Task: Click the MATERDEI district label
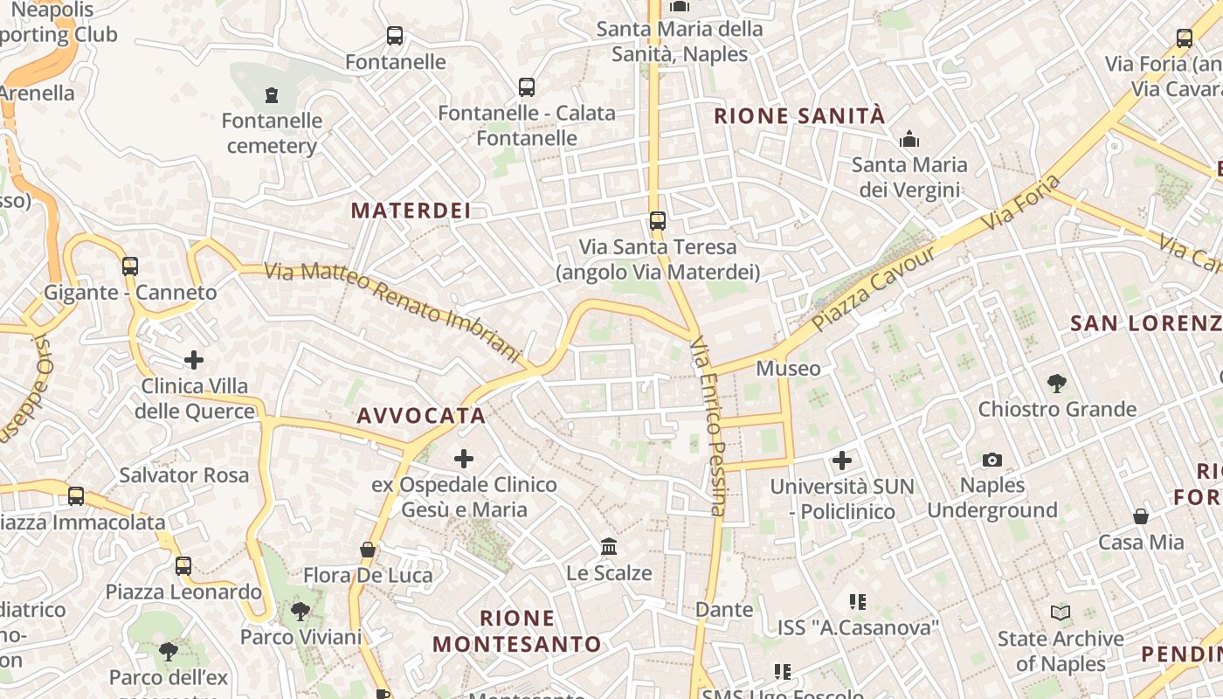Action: coord(411,211)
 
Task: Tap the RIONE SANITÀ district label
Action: coord(799,116)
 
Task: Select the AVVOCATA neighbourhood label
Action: coord(421,416)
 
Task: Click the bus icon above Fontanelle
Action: coord(395,36)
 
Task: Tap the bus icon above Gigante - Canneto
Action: coord(130,266)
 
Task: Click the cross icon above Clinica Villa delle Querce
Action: coord(194,359)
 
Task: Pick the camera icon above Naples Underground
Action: coord(992,460)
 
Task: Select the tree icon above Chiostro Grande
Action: coord(1057,383)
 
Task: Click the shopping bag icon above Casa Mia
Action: coord(1141,516)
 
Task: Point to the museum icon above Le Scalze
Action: coord(609,547)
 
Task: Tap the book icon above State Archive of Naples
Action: coord(1061,613)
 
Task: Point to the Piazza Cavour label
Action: coord(873,287)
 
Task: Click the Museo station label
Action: coord(788,369)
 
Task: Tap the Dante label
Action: coord(724,609)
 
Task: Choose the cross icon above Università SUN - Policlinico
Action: coord(842,460)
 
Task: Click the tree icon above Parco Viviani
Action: coord(301,611)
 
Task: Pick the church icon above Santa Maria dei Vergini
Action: coord(909,139)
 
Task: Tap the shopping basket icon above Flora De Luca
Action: coord(368,550)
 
